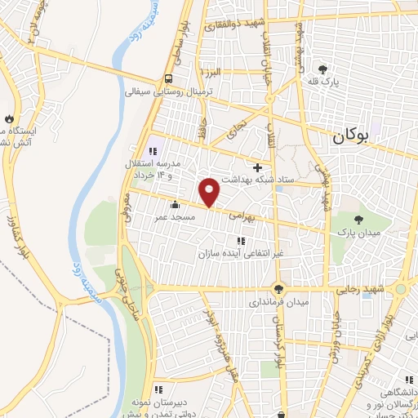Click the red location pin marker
[210, 192]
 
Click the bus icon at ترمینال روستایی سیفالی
[167, 79]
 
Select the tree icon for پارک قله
[323, 69]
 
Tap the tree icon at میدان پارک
[359, 218]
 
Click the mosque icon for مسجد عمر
[174, 206]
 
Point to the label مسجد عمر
[174, 218]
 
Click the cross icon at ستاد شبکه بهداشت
[257, 167]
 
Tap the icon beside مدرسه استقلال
[153, 150]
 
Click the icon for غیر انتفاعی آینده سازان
[241, 241]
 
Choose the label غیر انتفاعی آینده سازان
[242, 254]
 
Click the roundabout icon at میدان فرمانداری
[279, 288]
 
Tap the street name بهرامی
[241, 218]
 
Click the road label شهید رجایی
[360, 289]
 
